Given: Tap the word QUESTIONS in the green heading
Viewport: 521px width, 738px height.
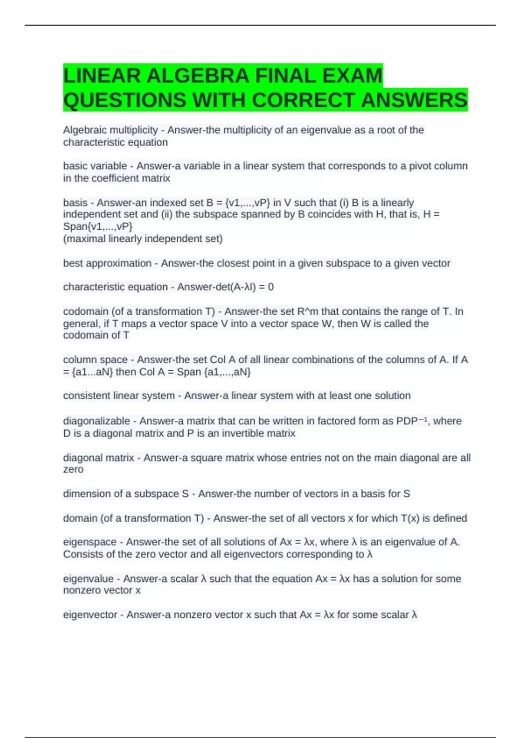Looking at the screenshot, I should pyautogui.click(x=125, y=100).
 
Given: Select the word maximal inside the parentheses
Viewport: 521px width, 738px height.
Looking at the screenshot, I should pyautogui.click(x=85, y=239).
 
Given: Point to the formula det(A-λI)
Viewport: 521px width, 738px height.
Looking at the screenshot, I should pyautogui.click(x=238, y=287).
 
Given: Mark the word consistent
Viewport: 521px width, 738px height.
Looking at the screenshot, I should pyautogui.click(x=86, y=395).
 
